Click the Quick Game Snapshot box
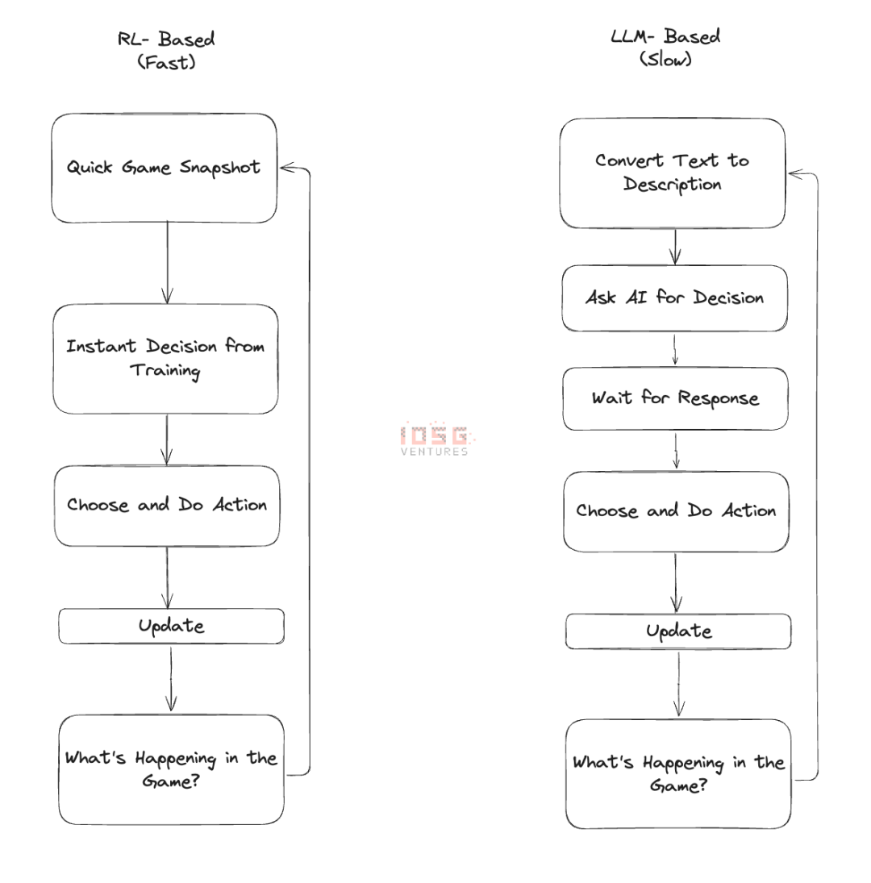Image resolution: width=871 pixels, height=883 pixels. (x=165, y=168)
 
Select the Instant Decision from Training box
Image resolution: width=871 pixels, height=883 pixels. (x=165, y=359)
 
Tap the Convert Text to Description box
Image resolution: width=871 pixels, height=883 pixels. (x=672, y=173)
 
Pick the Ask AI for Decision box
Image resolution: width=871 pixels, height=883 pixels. (x=674, y=298)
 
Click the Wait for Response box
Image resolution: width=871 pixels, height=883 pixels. (x=675, y=398)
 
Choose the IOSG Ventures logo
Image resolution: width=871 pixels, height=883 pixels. (x=435, y=440)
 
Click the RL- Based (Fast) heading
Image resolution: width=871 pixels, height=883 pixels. (x=167, y=50)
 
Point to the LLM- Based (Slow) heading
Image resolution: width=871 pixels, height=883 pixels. (x=665, y=48)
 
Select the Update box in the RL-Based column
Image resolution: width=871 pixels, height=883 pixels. (x=171, y=626)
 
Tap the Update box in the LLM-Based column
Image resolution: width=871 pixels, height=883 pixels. (x=678, y=631)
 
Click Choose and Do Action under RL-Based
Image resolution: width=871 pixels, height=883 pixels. (x=166, y=506)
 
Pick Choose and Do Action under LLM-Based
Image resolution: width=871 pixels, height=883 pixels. (x=676, y=511)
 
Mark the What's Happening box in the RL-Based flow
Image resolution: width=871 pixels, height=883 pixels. (x=171, y=769)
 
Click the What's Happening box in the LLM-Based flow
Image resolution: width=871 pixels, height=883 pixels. (x=678, y=773)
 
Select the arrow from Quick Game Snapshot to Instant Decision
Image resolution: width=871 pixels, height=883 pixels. (x=167, y=263)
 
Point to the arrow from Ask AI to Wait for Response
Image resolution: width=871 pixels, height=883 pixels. (x=675, y=349)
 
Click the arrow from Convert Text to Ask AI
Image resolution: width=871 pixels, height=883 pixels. (x=675, y=247)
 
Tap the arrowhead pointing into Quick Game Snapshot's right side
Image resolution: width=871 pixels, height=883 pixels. (x=286, y=168)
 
